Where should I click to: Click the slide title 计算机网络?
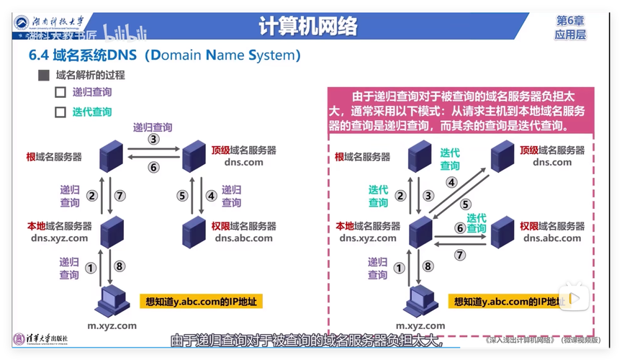(x=307, y=27)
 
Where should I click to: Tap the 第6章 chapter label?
(x=570, y=21)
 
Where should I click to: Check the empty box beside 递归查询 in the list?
(x=60, y=92)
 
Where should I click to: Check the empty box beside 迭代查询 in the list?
(x=60, y=112)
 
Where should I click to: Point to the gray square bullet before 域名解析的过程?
(x=43, y=75)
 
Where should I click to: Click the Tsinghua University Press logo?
(x=40, y=338)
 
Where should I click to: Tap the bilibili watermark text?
(x=127, y=33)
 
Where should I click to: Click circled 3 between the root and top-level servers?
(x=153, y=139)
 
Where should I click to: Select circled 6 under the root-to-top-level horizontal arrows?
(x=153, y=167)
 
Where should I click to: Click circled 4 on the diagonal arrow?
(x=451, y=182)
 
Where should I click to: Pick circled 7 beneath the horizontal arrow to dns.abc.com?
(x=460, y=254)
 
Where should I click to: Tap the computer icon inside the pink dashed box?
(x=421, y=301)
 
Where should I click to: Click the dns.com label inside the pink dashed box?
(x=552, y=162)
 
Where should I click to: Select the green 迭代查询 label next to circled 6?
(x=476, y=223)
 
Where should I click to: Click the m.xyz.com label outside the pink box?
(x=112, y=326)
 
